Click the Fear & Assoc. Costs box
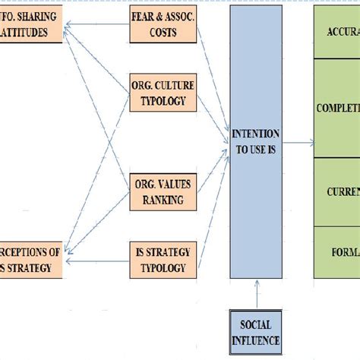pos(157,27)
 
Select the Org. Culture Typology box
pos(157,93)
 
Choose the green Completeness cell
pos(337,108)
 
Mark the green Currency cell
pos(337,191)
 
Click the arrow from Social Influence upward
pos(258,294)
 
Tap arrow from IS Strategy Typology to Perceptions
pos(95,262)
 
